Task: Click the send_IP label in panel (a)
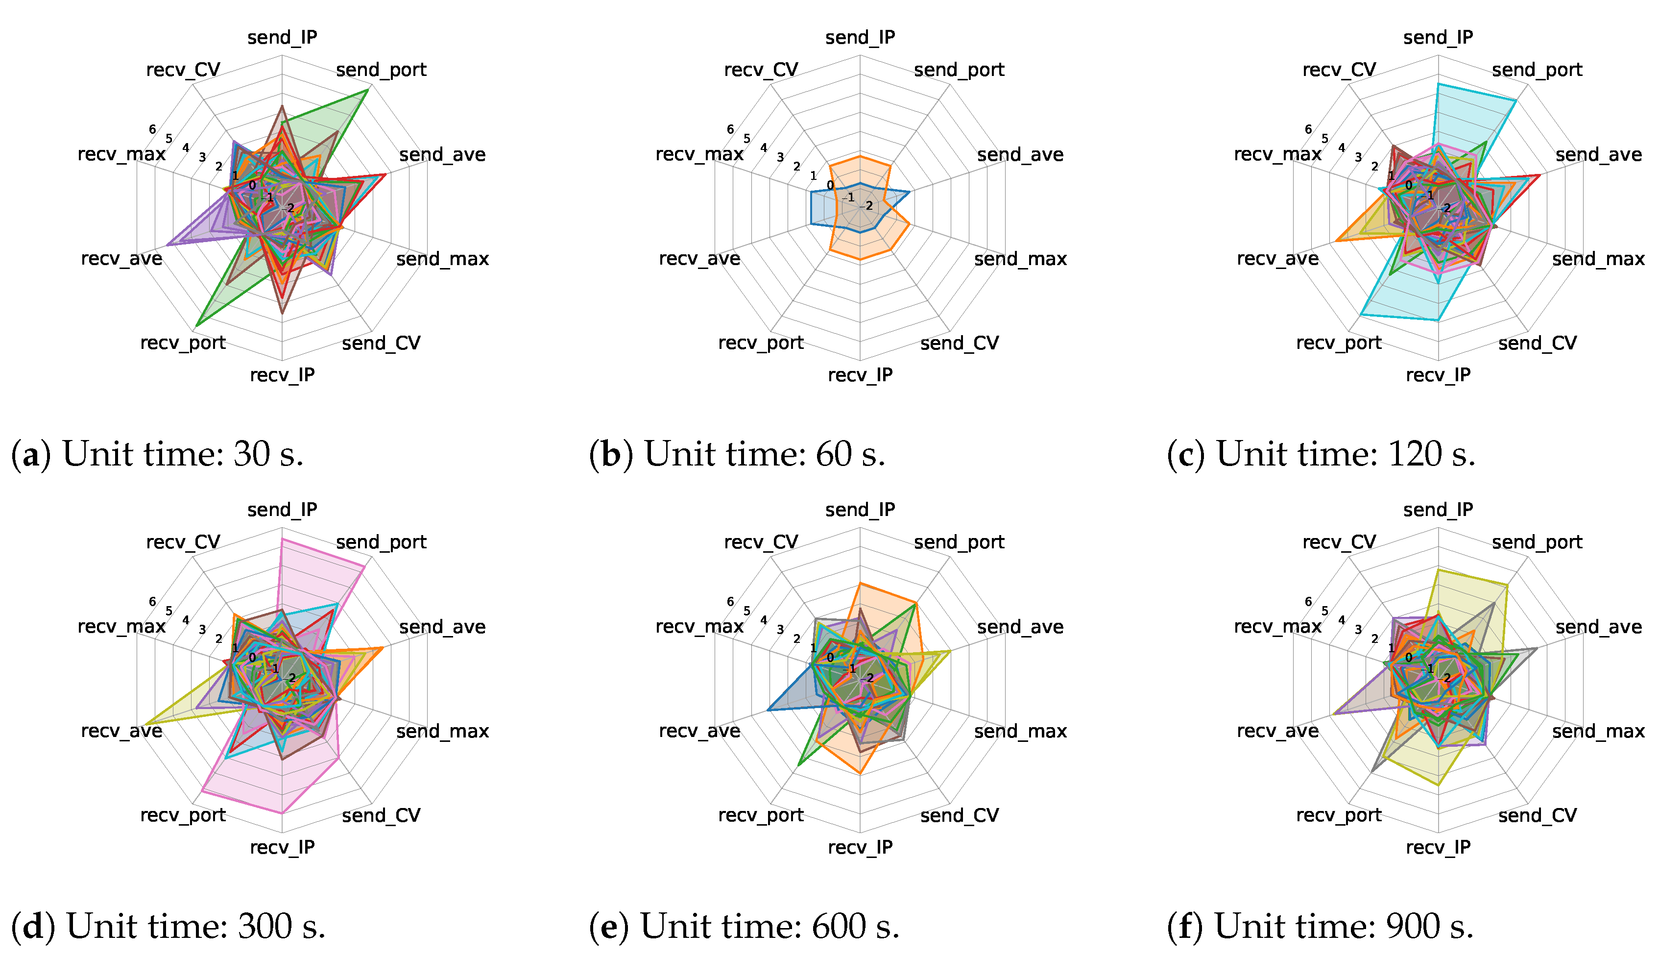282,37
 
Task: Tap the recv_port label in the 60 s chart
761,343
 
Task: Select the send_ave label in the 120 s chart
1599,155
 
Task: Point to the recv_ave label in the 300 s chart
121,731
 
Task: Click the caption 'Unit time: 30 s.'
182,454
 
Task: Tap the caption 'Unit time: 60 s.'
765,454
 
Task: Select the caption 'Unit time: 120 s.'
1346,454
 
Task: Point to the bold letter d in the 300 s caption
33,927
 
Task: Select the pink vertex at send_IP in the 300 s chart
282,539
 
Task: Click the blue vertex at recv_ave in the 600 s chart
768,710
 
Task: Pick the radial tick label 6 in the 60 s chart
730,129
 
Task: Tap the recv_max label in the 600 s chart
699,627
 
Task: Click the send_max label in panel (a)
442,259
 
